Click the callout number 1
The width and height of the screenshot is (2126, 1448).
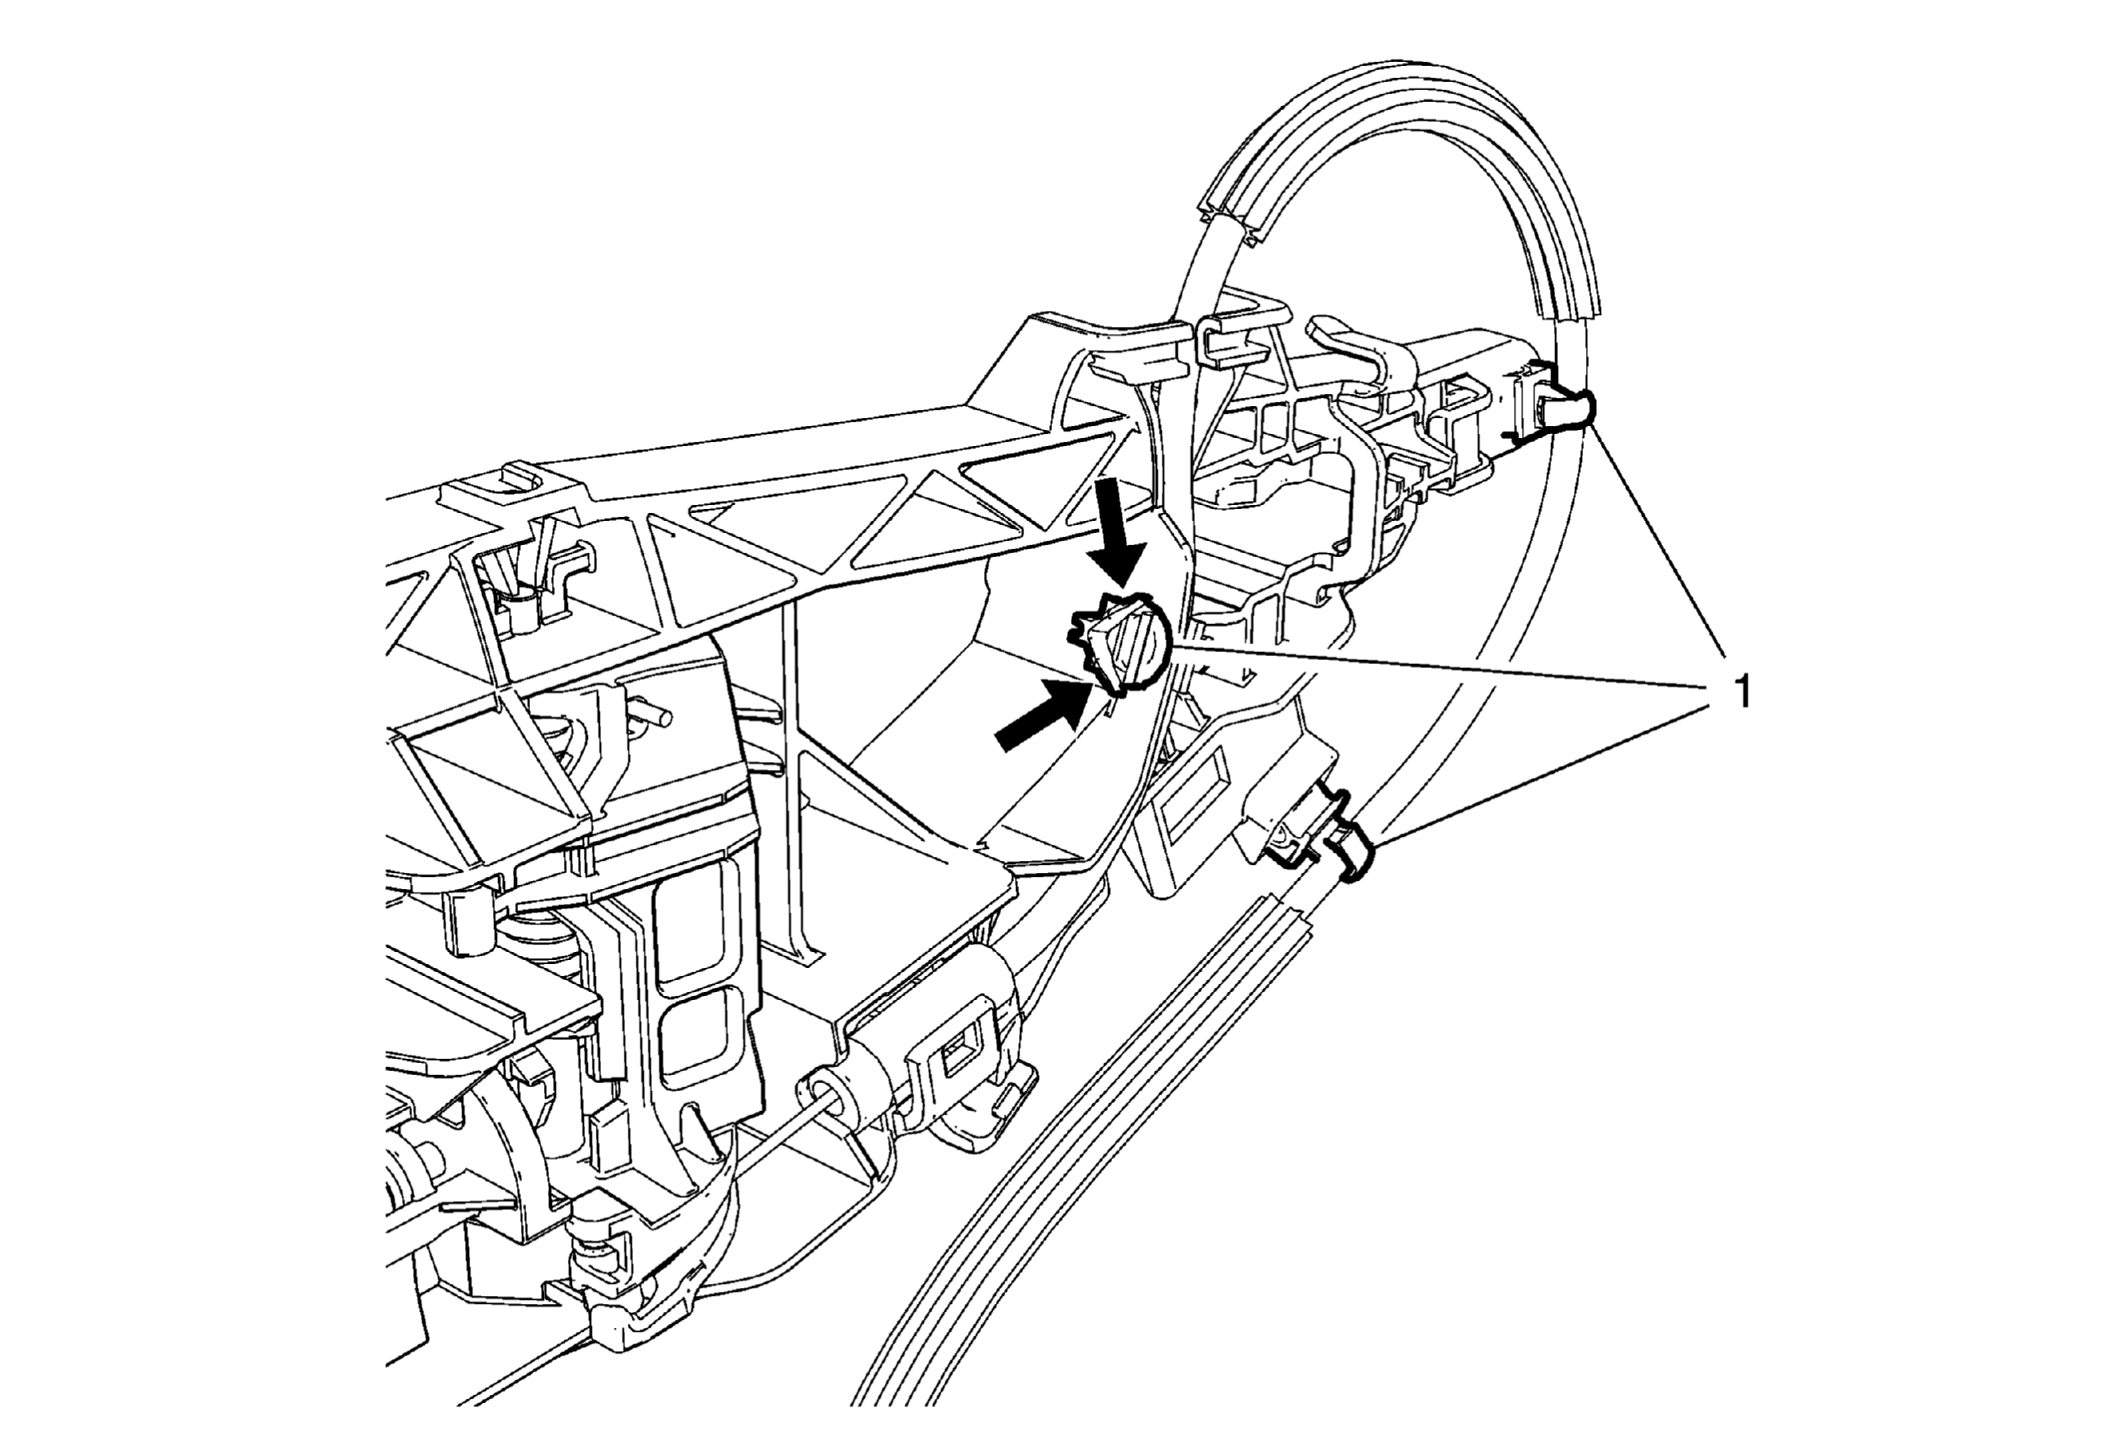[1743, 691]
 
